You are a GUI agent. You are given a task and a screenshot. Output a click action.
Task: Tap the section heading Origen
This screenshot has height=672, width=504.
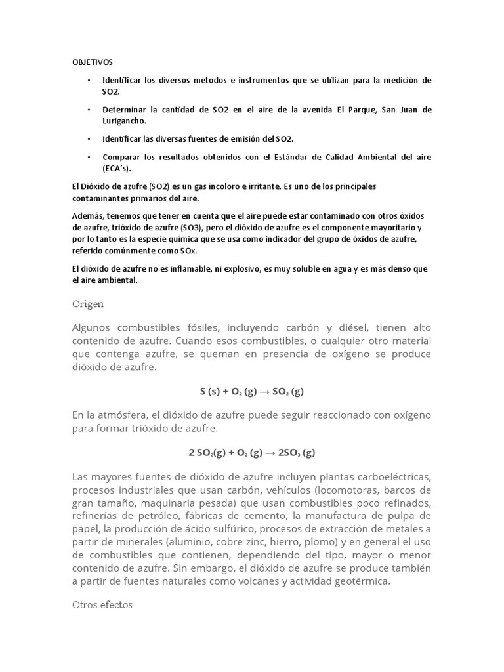(87, 304)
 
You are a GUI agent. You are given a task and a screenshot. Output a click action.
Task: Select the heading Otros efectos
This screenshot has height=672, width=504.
(102, 604)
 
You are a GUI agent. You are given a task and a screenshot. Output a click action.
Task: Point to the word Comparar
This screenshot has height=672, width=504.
(121, 157)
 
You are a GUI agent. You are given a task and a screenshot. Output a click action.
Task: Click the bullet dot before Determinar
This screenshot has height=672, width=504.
(89, 110)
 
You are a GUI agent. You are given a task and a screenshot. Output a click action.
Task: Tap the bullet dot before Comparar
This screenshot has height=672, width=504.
(89, 157)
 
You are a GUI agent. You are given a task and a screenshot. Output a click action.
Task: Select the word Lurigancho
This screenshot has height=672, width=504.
(124, 121)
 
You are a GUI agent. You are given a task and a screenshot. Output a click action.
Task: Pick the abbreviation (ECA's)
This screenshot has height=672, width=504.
(117, 169)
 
